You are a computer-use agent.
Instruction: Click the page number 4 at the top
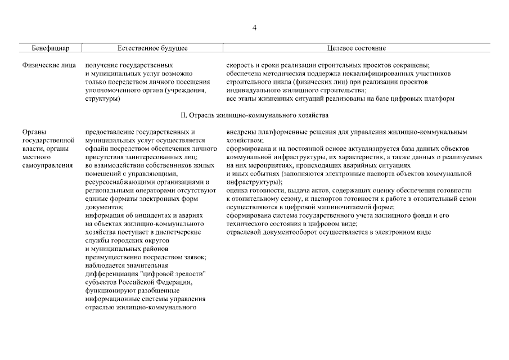click(x=255, y=28)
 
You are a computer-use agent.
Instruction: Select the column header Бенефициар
click(x=50, y=48)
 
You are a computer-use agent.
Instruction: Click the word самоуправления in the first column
click(x=48, y=165)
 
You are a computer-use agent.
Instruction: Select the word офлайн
click(x=96, y=148)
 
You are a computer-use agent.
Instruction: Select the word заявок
click(x=194, y=257)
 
